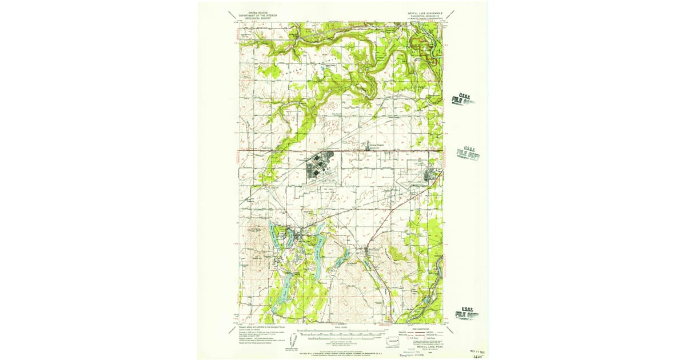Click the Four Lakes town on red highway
coord(372,250)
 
